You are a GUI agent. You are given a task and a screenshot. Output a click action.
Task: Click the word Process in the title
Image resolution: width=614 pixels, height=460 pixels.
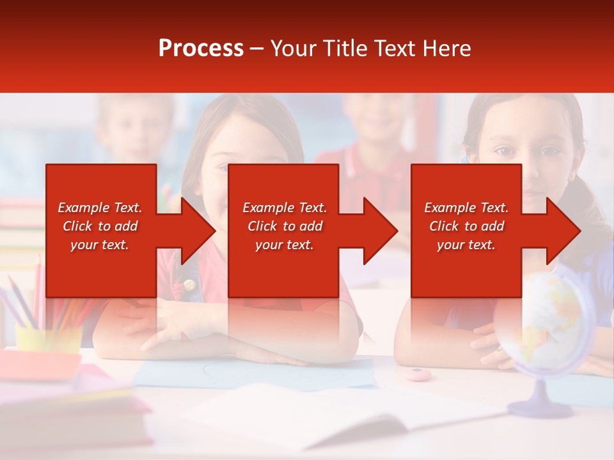[x=201, y=49]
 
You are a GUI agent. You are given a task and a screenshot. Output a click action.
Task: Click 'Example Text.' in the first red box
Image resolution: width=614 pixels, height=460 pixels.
[x=100, y=208]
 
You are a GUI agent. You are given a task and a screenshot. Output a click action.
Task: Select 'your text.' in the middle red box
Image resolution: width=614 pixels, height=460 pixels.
[x=284, y=245]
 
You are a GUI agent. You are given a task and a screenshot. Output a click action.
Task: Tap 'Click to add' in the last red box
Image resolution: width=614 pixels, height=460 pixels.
[x=466, y=226]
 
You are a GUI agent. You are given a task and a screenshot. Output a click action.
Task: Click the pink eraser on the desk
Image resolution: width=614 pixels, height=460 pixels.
[x=418, y=373]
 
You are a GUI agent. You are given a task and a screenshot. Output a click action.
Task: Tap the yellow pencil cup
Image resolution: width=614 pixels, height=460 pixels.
[x=48, y=339]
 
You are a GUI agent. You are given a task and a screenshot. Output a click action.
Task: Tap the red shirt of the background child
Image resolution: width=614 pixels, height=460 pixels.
[x=377, y=172]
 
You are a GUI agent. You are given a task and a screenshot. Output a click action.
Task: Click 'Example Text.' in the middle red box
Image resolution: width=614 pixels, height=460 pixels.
[x=284, y=208]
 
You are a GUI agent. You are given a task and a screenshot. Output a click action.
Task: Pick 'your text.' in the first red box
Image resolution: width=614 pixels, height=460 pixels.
[x=100, y=245]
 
